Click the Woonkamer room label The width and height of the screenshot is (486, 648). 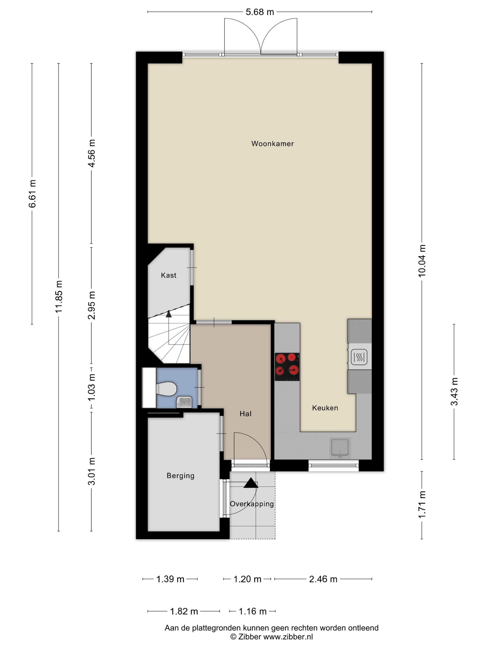tap(272, 143)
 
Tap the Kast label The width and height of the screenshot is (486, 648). tap(169, 275)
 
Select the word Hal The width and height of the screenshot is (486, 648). tap(246, 414)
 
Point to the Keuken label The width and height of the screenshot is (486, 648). tap(325, 408)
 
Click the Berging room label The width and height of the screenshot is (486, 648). tap(181, 475)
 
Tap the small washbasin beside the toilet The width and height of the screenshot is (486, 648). tap(184, 402)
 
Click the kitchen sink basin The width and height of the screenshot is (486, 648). tap(340, 447)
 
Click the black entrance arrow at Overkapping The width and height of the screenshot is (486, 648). tap(251, 483)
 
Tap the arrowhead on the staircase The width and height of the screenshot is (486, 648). tap(168, 314)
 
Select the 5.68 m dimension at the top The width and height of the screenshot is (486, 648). tap(260, 12)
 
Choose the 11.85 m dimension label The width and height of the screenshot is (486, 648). tap(59, 296)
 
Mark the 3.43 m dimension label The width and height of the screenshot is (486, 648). tap(454, 392)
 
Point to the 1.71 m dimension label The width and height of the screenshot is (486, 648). tap(422, 505)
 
